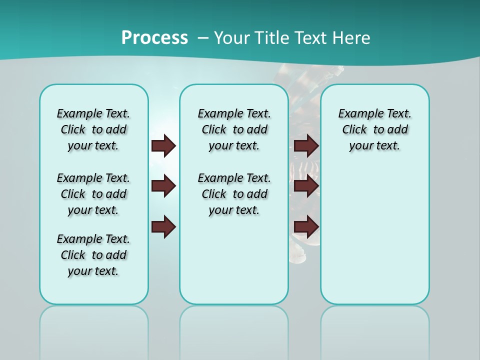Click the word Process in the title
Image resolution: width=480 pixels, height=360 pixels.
(154, 37)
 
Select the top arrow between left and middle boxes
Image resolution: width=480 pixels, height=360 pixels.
(163, 145)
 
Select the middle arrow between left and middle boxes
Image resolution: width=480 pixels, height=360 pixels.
(163, 186)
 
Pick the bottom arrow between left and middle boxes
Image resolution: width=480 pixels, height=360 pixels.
(163, 227)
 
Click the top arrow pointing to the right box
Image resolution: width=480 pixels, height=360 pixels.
(306, 145)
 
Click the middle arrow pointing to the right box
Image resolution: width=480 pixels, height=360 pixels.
(306, 186)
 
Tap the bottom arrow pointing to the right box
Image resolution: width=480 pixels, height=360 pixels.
(306, 227)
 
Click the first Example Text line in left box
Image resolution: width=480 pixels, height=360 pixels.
(93, 113)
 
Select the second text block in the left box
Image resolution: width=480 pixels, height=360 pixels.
(93, 194)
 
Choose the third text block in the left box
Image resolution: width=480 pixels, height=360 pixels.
(93, 255)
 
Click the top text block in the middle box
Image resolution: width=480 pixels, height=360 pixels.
(234, 129)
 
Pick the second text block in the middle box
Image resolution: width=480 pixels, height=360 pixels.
(234, 194)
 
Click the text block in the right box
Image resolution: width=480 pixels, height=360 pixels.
(375, 129)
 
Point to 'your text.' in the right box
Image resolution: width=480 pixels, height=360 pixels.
(375, 146)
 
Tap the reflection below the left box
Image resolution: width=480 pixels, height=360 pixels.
(94, 325)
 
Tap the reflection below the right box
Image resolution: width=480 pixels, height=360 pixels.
(375, 325)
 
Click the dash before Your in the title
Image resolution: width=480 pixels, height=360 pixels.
(203, 38)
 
